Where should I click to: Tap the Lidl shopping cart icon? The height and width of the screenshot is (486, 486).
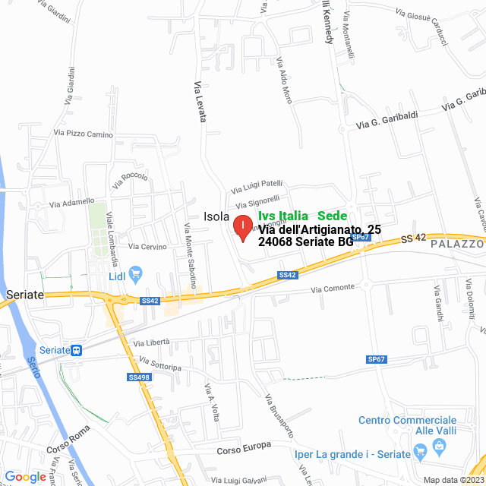coord(136,273)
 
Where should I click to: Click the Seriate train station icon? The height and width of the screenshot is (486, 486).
coord(76,349)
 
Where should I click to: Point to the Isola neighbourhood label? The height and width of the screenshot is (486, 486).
coord(216,216)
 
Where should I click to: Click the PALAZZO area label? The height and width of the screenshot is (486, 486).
coord(456,245)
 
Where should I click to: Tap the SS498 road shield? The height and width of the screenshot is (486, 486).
coord(139,377)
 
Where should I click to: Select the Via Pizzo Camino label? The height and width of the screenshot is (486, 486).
coord(83,134)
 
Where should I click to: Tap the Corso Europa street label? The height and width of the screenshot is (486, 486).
coord(244,447)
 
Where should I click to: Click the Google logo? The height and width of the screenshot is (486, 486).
coord(24,477)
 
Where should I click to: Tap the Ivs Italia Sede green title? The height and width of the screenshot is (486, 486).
coord(302,216)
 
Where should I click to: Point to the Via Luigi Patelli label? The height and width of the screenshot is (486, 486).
coord(257,186)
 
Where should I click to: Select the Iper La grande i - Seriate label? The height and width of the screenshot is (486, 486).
coord(351,454)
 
